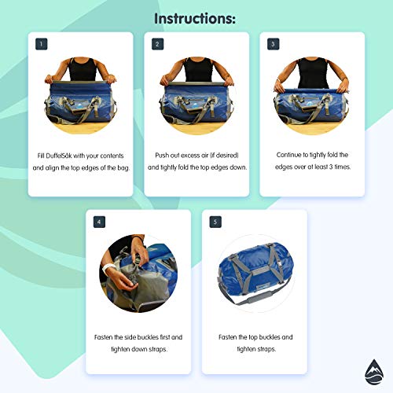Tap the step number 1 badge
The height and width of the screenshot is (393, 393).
tap(41, 45)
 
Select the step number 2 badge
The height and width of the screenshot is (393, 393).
tap(157, 45)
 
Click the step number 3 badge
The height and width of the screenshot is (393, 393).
tap(273, 45)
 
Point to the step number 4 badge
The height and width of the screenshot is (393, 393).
tap(99, 222)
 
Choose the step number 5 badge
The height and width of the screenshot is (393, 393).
tap(215, 222)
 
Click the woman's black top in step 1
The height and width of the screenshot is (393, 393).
tap(82, 69)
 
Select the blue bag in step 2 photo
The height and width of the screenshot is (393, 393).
tap(196, 104)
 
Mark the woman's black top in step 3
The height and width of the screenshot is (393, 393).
tap(312, 69)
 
